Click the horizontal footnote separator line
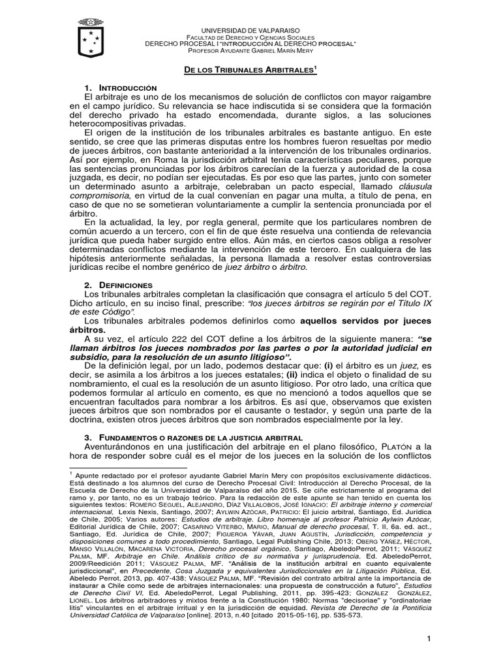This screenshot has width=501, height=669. point(127,467)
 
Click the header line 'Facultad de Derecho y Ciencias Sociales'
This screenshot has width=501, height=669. point(250,37)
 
